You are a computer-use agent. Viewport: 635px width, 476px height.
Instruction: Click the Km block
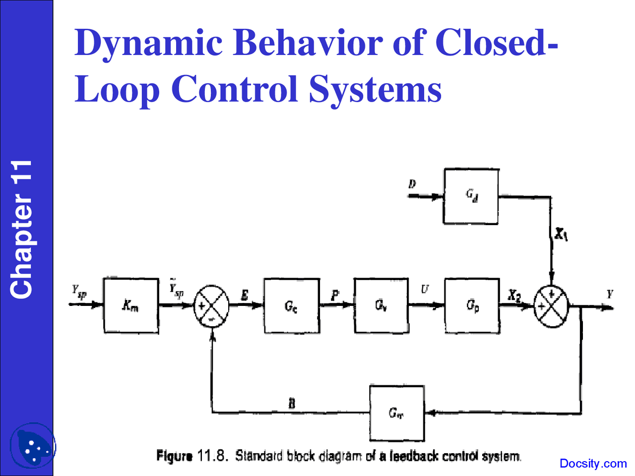[131, 305]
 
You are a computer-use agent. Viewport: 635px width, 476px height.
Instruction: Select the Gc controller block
[292, 305]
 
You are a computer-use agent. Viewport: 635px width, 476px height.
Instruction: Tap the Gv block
[381, 305]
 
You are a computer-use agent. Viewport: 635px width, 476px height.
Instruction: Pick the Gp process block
[472, 305]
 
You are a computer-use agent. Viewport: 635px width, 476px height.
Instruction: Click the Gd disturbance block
[471, 196]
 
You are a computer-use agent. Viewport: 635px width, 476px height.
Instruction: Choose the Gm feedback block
[396, 413]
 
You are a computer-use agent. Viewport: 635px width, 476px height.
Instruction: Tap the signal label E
[245, 296]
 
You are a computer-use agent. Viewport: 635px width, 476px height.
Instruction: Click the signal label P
[335, 295]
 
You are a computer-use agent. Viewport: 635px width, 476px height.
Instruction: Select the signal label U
[425, 289]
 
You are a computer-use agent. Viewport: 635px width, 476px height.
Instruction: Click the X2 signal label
[514, 296]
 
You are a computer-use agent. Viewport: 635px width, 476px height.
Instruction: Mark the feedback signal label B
[292, 403]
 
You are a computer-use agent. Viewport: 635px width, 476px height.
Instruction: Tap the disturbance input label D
[412, 184]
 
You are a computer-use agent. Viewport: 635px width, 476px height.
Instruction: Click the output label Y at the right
[610, 294]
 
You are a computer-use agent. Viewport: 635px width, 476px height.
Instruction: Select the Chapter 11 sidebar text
[22, 229]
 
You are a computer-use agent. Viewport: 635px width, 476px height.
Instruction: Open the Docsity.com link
[593, 464]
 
